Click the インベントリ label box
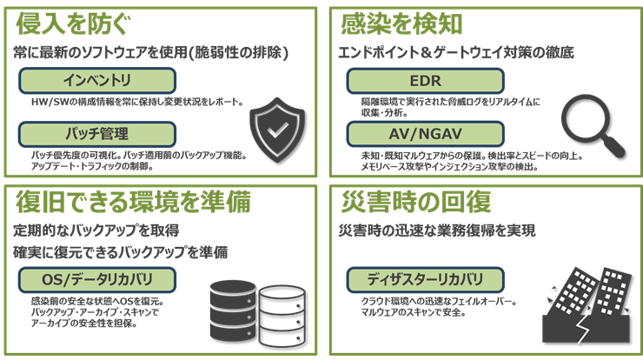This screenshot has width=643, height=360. pos(97,81)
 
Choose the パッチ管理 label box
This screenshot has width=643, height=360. pos(97,135)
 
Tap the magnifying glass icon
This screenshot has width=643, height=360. pos(590,123)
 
